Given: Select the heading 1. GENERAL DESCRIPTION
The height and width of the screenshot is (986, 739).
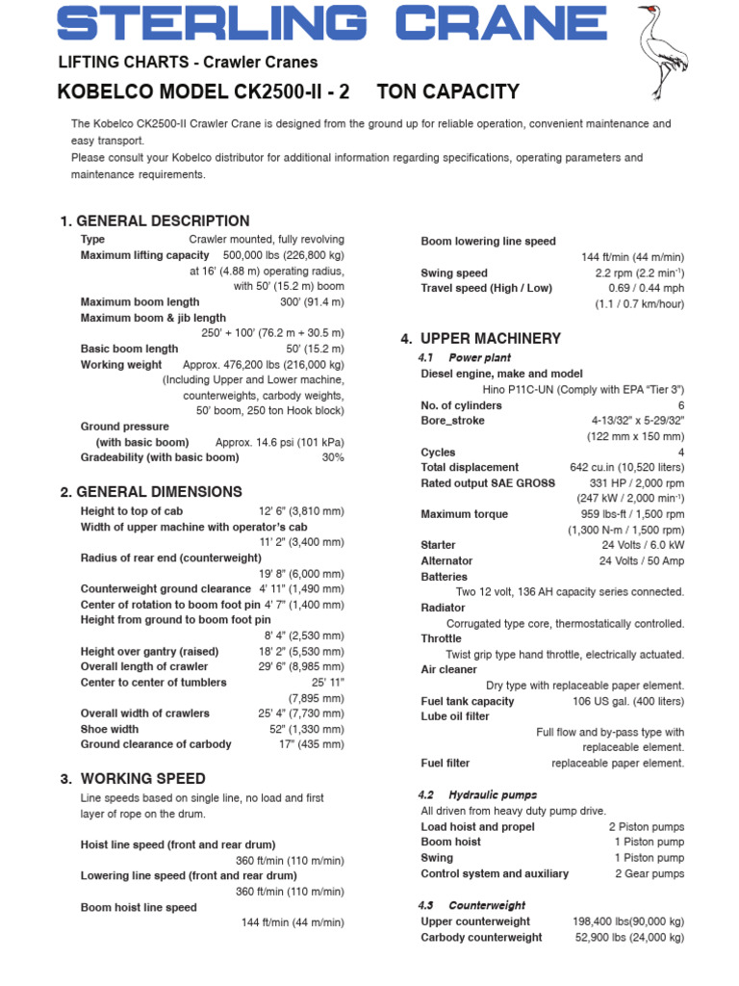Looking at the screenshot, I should click(154, 221).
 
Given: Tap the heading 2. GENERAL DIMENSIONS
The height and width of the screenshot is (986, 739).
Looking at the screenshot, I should click(151, 491).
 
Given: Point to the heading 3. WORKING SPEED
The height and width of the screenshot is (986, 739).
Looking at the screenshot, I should click(132, 778).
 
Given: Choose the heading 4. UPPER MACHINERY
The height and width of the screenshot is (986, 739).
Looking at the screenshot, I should click(480, 338).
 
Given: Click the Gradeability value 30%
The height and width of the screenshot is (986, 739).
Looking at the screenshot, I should click(333, 457).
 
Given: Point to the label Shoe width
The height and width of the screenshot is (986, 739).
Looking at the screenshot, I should click(110, 729).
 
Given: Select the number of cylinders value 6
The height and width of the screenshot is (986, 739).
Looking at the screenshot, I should click(680, 405).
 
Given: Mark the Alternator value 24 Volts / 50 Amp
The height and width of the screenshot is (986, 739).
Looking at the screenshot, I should click(642, 560).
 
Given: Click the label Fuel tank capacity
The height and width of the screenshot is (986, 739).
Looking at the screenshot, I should click(468, 701).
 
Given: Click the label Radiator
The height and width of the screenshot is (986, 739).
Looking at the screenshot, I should click(443, 608).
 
